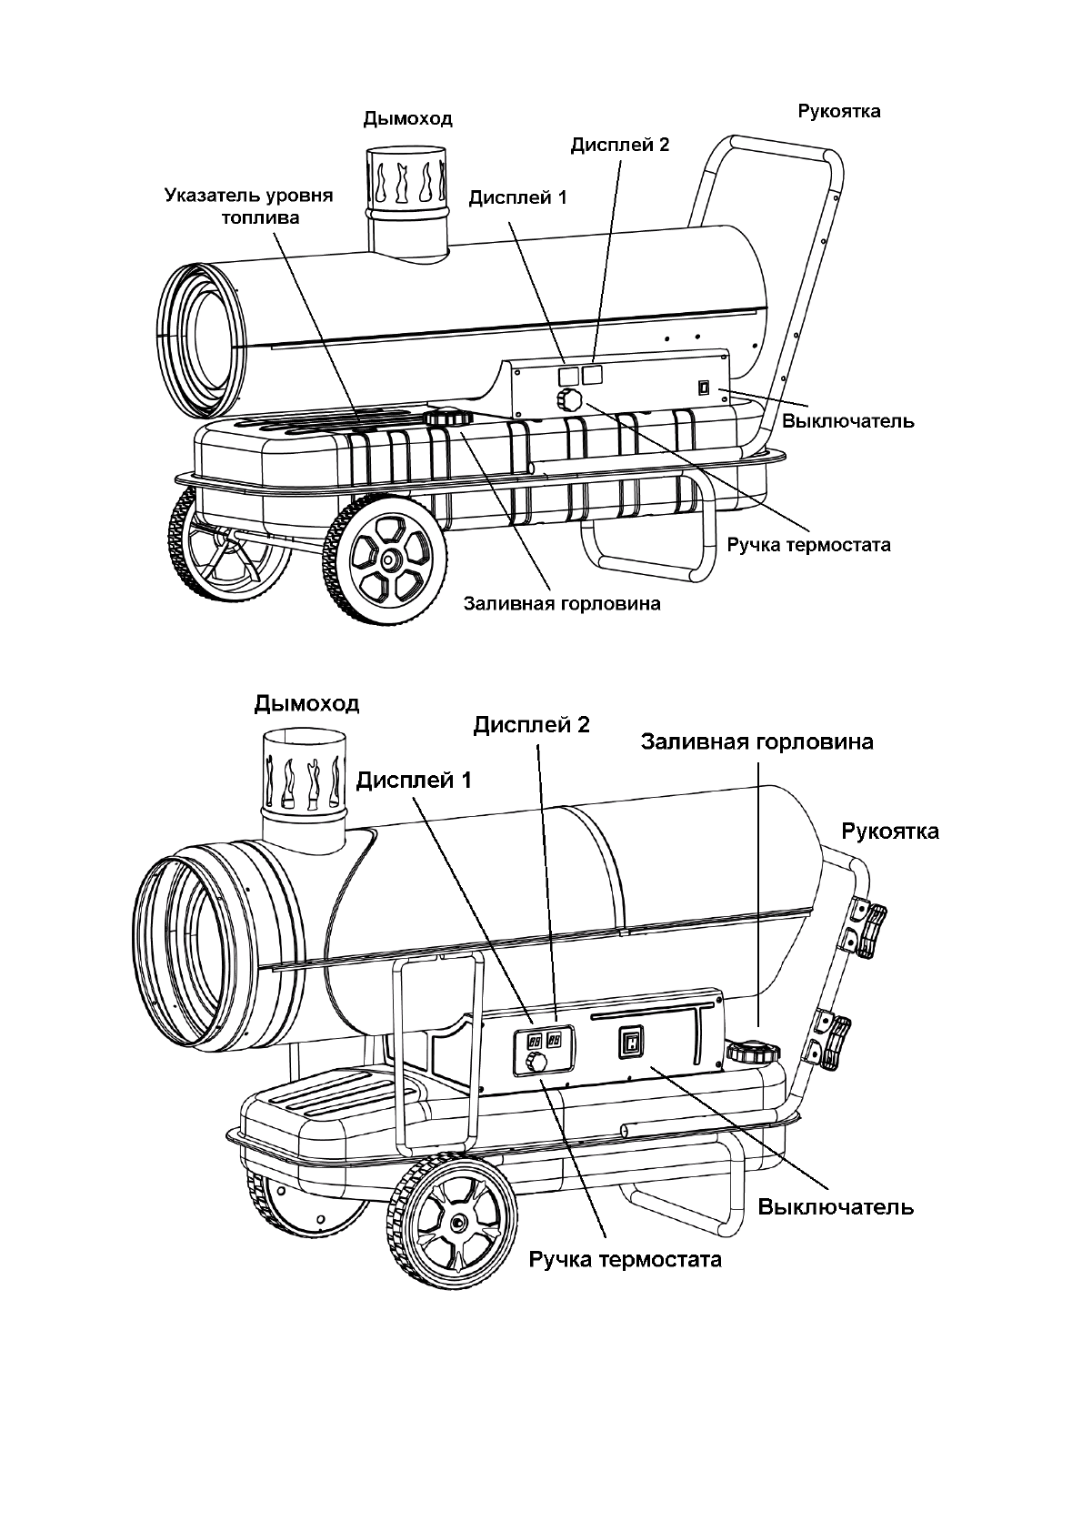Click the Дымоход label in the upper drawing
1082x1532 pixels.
coord(407,119)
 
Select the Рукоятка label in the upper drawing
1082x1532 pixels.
coord(838,112)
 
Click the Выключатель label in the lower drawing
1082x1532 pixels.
coord(835,1207)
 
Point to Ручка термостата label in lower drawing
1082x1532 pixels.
coord(626,1260)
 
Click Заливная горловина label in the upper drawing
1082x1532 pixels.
coord(561,603)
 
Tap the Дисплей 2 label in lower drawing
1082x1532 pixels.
coord(531,724)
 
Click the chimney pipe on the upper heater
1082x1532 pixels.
coord(407,200)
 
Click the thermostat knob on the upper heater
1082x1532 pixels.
coord(570,399)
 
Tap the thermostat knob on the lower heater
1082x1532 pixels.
coord(538,1062)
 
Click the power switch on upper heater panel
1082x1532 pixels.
coord(703,388)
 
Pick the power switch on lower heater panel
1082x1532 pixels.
coord(631,1043)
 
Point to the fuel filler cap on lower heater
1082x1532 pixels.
coord(753,1053)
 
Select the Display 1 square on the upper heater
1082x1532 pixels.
coord(566,374)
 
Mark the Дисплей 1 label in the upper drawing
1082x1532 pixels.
coord(517,197)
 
